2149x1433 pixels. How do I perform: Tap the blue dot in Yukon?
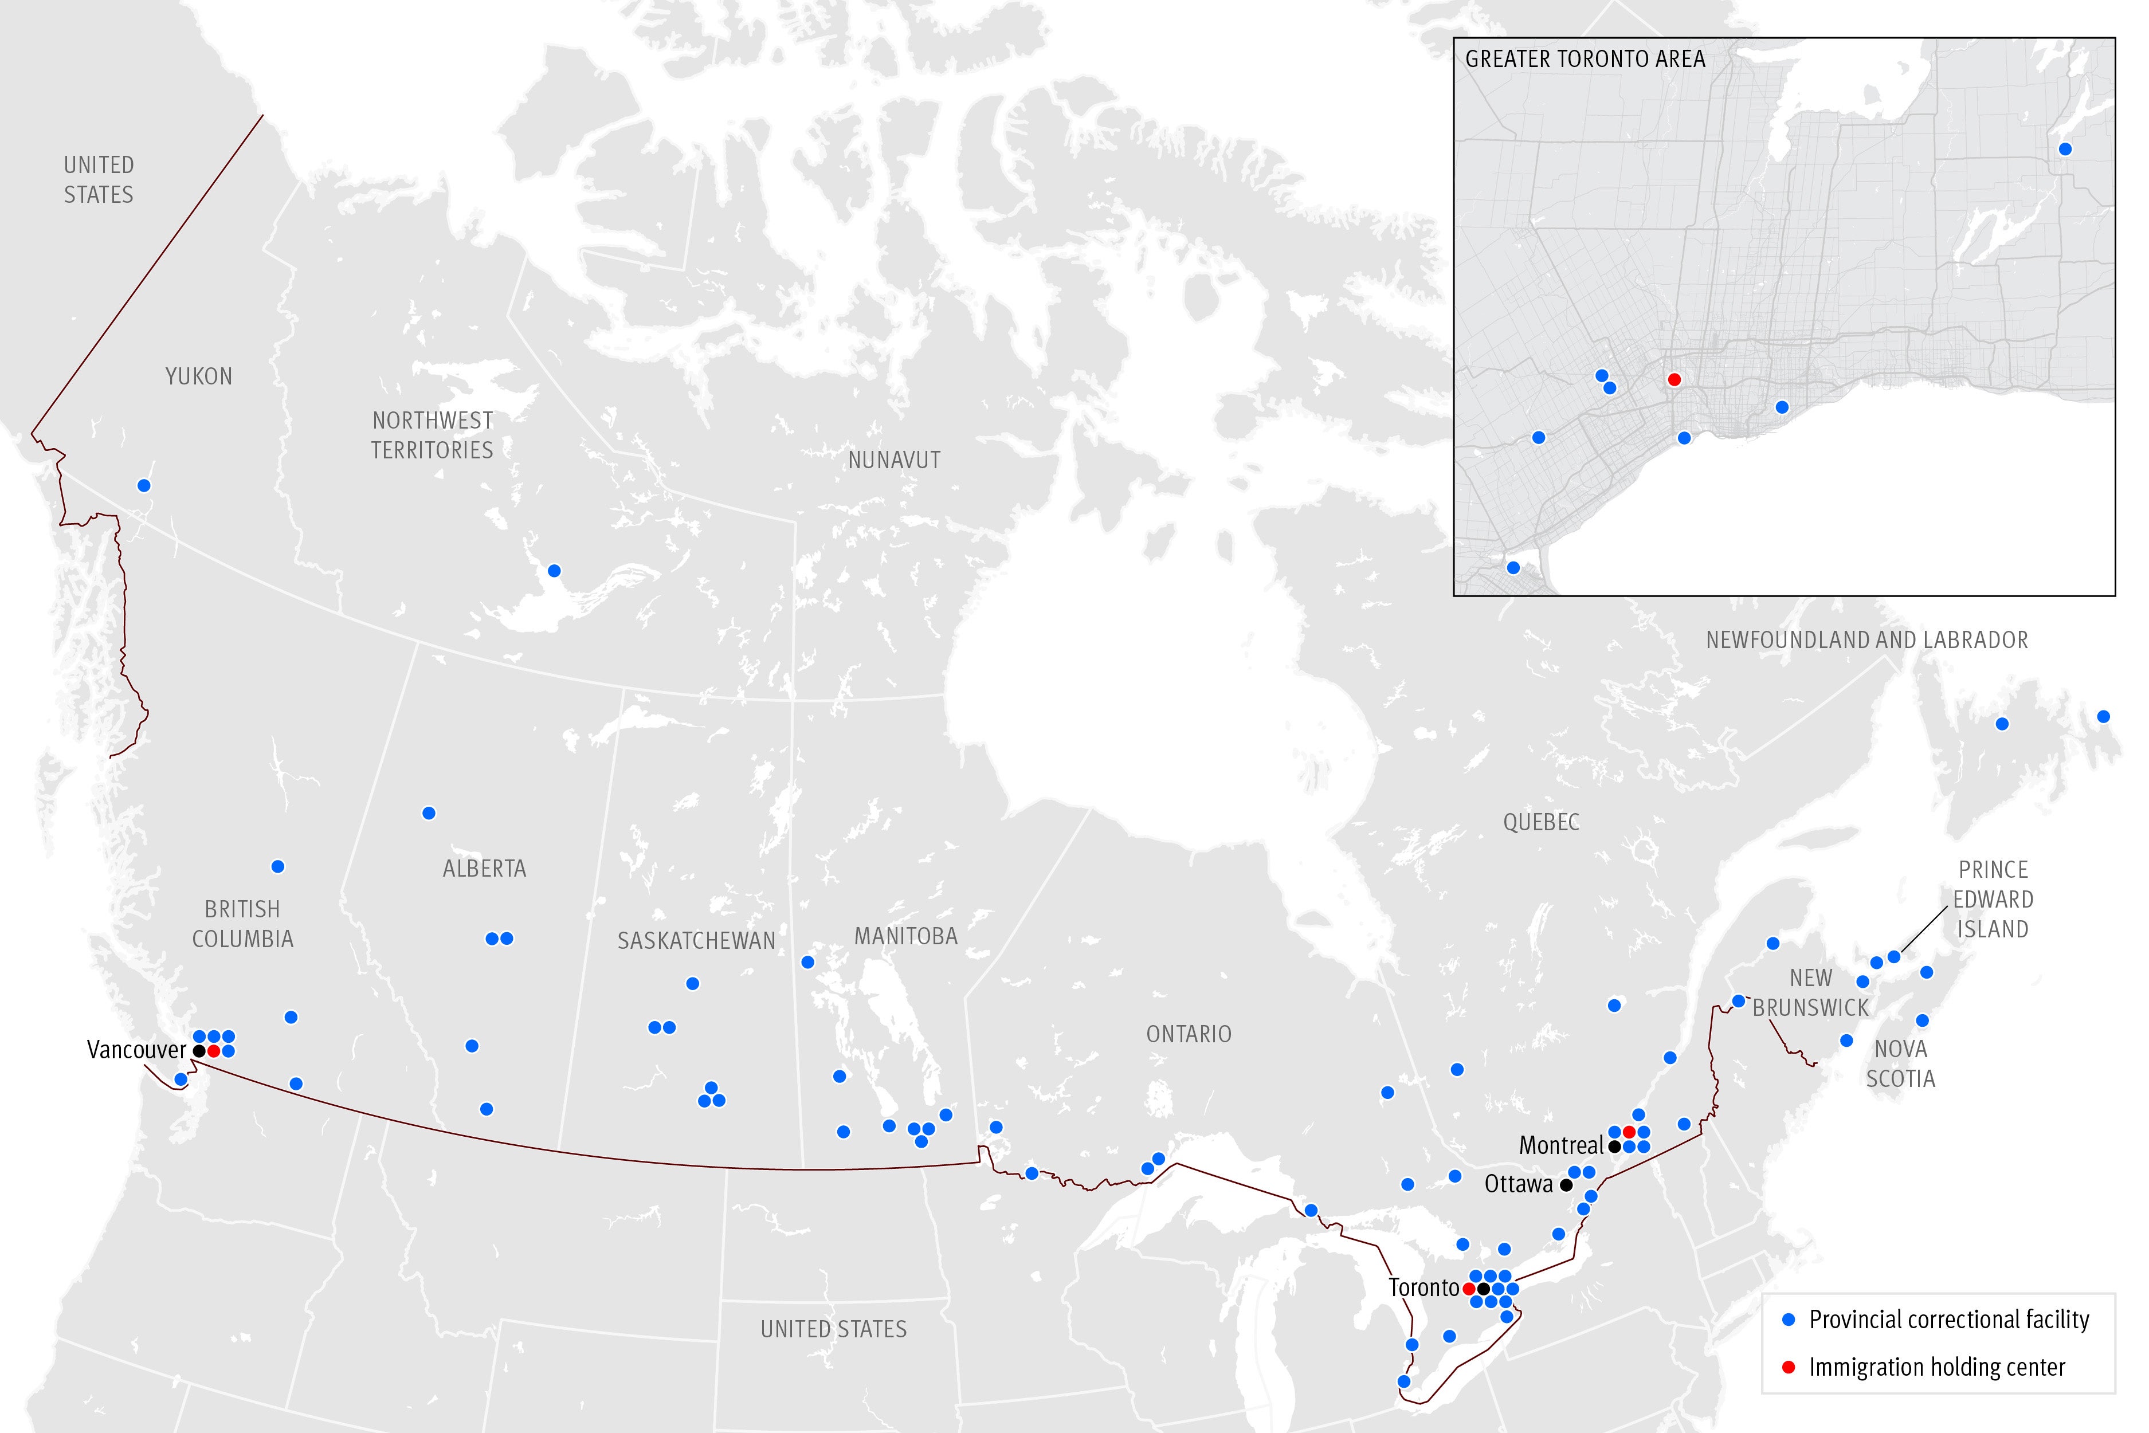[143, 485]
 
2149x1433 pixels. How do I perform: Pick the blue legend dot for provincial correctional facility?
[1789, 1320]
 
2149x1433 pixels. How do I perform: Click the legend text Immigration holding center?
[1937, 1367]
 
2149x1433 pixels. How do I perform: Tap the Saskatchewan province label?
[696, 940]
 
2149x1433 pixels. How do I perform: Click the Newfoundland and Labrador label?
[1866, 640]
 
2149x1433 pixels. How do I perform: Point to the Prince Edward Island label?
[1993, 900]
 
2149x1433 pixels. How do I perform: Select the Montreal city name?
[1560, 1145]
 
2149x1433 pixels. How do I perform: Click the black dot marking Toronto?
[1483, 1289]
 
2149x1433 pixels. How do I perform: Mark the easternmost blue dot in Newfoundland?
[2103, 716]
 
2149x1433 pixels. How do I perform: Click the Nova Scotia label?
[1900, 1064]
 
